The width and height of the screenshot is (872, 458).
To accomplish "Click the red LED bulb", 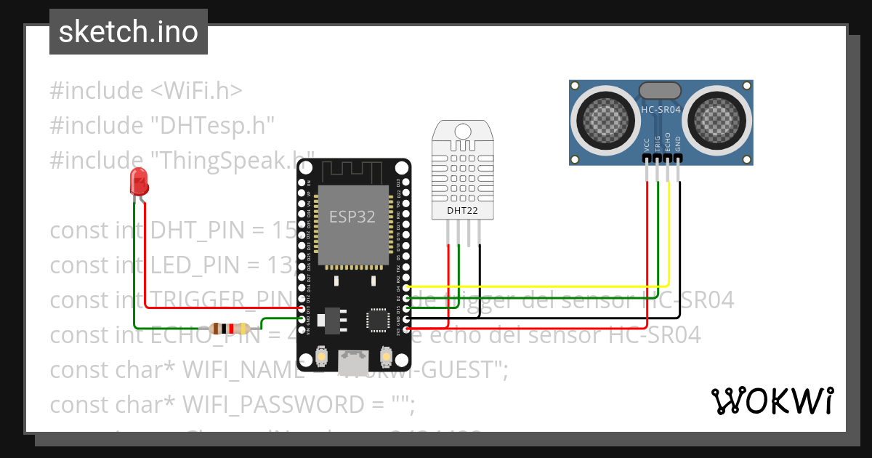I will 138,180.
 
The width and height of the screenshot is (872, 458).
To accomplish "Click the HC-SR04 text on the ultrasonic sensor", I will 661,110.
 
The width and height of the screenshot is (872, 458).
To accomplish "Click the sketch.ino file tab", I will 129,32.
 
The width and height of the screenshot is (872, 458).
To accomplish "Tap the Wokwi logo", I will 771,401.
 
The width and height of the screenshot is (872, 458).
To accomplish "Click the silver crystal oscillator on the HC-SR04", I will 660,90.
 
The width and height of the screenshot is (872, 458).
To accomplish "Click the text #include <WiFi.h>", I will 145,91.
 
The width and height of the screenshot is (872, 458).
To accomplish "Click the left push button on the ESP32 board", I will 321,357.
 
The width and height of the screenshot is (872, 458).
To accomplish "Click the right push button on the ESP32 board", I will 386,357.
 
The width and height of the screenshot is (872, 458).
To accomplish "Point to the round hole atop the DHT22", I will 463,131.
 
